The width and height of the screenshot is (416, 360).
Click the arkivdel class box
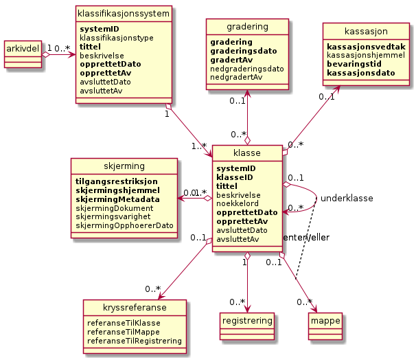(23, 53)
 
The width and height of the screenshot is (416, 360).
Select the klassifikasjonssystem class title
(114, 13)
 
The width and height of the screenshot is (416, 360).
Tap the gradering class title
(247, 26)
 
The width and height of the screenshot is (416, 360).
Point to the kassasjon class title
(365, 32)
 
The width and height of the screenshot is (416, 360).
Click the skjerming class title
(124, 166)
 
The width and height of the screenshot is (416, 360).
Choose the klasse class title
(247, 153)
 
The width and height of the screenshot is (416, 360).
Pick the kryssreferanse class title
(135, 306)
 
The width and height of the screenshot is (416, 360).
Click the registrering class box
(247, 320)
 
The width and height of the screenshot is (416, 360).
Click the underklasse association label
(347, 198)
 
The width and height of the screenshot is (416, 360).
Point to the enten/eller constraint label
(305, 237)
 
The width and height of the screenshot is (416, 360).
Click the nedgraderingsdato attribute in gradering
(246, 69)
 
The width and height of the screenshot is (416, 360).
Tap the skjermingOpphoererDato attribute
(124, 225)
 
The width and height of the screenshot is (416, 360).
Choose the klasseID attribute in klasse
(235, 177)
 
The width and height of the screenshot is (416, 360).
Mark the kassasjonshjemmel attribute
(366, 55)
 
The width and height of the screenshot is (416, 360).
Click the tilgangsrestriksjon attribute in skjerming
(117, 181)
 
